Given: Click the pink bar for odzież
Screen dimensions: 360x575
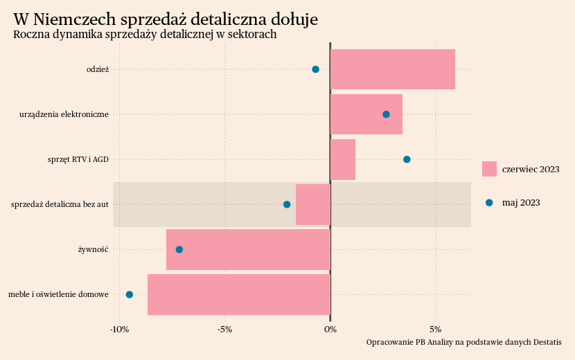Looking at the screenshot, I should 393,69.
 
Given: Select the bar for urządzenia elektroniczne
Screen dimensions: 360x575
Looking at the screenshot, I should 366,114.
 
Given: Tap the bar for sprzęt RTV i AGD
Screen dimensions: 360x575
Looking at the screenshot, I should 343,159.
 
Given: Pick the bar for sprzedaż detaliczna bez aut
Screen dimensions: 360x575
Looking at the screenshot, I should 313,204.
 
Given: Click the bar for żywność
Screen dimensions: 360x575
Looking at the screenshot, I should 248,249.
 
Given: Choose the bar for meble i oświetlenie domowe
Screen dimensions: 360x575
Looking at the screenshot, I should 239,294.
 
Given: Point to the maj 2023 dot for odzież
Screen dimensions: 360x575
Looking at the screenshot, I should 315,69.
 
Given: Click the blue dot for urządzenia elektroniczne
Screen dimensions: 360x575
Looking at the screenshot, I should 386,114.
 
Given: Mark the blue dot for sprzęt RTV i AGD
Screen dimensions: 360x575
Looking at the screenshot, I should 407,159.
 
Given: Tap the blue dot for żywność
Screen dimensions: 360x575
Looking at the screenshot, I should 179,249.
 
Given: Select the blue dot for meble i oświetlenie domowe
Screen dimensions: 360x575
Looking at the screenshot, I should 129,295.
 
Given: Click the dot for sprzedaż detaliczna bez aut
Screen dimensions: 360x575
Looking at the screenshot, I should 287,204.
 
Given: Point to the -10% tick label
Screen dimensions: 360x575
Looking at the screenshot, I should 119,329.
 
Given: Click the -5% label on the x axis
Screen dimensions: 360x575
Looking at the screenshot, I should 224,329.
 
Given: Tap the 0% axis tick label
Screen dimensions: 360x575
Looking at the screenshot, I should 330,329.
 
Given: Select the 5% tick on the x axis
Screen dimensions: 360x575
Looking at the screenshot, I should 436,329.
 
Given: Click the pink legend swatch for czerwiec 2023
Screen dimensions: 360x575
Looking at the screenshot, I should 489,169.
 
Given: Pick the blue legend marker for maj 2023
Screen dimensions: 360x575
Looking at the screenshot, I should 489,203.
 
